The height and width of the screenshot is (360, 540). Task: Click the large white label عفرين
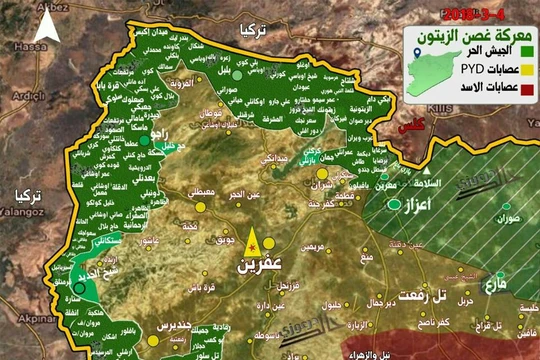251,268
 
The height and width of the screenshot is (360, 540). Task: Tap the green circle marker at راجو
144,141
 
